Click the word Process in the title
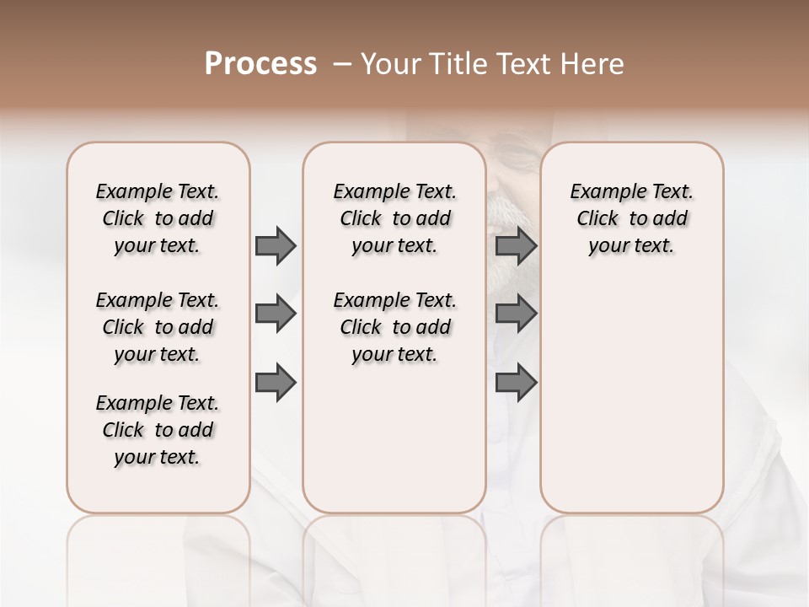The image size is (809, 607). [260, 64]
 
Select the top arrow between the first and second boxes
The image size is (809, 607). [276, 245]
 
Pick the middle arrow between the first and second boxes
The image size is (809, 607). [276, 314]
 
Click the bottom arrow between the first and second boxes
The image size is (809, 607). [276, 384]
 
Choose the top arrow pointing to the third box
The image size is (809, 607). [516, 245]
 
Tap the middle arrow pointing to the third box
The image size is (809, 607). [516, 314]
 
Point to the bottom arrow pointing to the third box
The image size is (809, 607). [516, 384]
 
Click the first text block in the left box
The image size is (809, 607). [158, 218]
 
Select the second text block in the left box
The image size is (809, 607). [158, 327]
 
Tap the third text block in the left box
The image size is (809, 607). [158, 430]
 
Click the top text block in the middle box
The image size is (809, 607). [394, 218]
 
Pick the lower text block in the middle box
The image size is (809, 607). [394, 327]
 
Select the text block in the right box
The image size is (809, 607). [631, 218]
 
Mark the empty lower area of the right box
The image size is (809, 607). [631, 405]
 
